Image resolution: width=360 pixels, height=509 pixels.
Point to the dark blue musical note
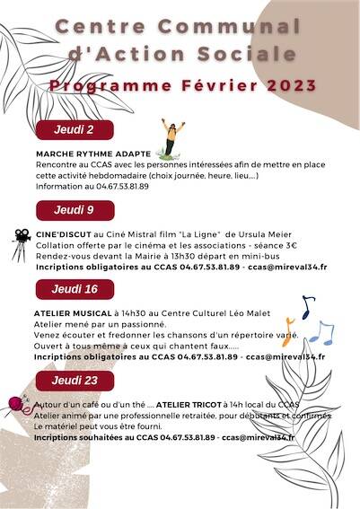coord(307,307)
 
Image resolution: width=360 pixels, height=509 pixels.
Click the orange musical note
coord(287,331)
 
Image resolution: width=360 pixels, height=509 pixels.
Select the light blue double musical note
coord(320,333)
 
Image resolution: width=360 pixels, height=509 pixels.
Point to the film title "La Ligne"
coord(201,233)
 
